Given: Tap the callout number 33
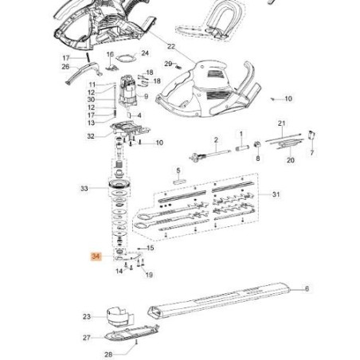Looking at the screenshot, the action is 84,189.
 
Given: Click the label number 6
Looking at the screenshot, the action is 307,289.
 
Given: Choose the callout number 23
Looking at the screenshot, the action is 87,316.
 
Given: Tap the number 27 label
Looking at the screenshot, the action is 87,337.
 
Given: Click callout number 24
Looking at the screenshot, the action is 144,53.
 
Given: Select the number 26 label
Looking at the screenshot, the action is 65,67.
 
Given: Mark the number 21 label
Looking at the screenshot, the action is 281,123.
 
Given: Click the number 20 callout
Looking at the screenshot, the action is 291,160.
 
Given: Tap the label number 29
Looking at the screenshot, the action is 167,63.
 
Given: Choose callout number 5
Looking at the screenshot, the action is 179,170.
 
